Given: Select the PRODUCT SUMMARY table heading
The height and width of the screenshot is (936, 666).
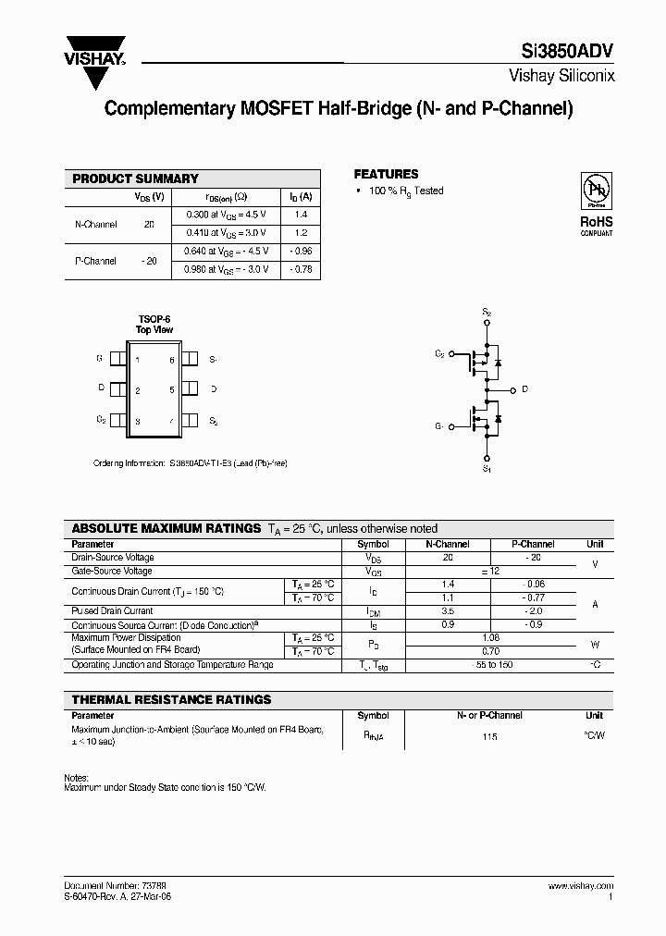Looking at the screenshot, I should tap(135, 179).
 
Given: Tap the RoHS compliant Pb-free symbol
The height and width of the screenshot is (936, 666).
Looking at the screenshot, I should tap(596, 191).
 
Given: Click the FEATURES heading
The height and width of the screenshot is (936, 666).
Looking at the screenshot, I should tap(386, 174).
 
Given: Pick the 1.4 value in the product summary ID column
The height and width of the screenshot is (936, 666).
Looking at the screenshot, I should tap(301, 214).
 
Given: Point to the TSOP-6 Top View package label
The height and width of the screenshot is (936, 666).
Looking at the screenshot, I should tap(154, 325).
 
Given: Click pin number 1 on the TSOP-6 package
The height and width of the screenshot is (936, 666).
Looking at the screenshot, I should tap(138, 359).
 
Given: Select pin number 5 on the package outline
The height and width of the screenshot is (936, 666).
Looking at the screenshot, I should tap(172, 390).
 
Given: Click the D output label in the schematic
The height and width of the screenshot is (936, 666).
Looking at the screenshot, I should tap(524, 389).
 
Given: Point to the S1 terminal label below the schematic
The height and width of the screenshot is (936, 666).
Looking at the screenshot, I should tap(487, 469).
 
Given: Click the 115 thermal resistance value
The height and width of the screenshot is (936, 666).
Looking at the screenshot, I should tap(489, 737).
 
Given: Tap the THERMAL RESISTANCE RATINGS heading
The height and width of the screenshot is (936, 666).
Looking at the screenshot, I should tap(171, 700).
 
